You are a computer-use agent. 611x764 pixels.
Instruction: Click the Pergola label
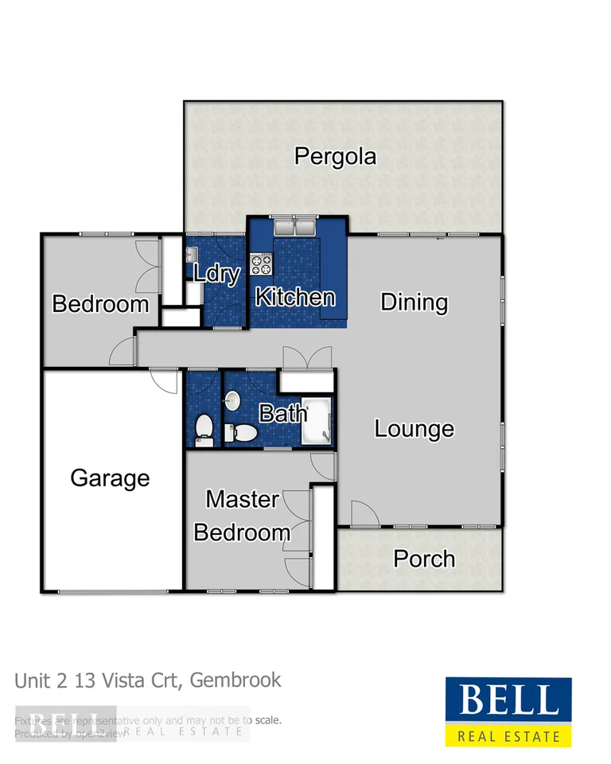(x=335, y=156)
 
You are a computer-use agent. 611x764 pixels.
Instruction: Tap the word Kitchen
(x=294, y=298)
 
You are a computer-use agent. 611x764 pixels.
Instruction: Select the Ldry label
(x=217, y=275)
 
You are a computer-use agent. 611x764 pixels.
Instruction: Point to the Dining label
(x=414, y=302)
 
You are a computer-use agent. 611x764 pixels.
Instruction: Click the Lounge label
(x=414, y=429)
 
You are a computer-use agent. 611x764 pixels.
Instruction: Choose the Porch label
(x=424, y=559)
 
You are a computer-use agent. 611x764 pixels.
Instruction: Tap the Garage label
(x=110, y=477)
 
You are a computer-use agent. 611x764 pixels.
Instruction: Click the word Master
(x=242, y=500)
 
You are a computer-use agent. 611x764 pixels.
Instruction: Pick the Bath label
(x=283, y=413)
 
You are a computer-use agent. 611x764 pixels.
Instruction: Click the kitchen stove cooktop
(x=262, y=263)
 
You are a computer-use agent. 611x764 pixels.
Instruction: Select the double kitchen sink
(x=294, y=228)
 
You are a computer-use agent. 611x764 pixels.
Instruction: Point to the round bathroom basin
(x=232, y=400)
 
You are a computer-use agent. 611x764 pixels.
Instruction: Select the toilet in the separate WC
(x=204, y=427)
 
